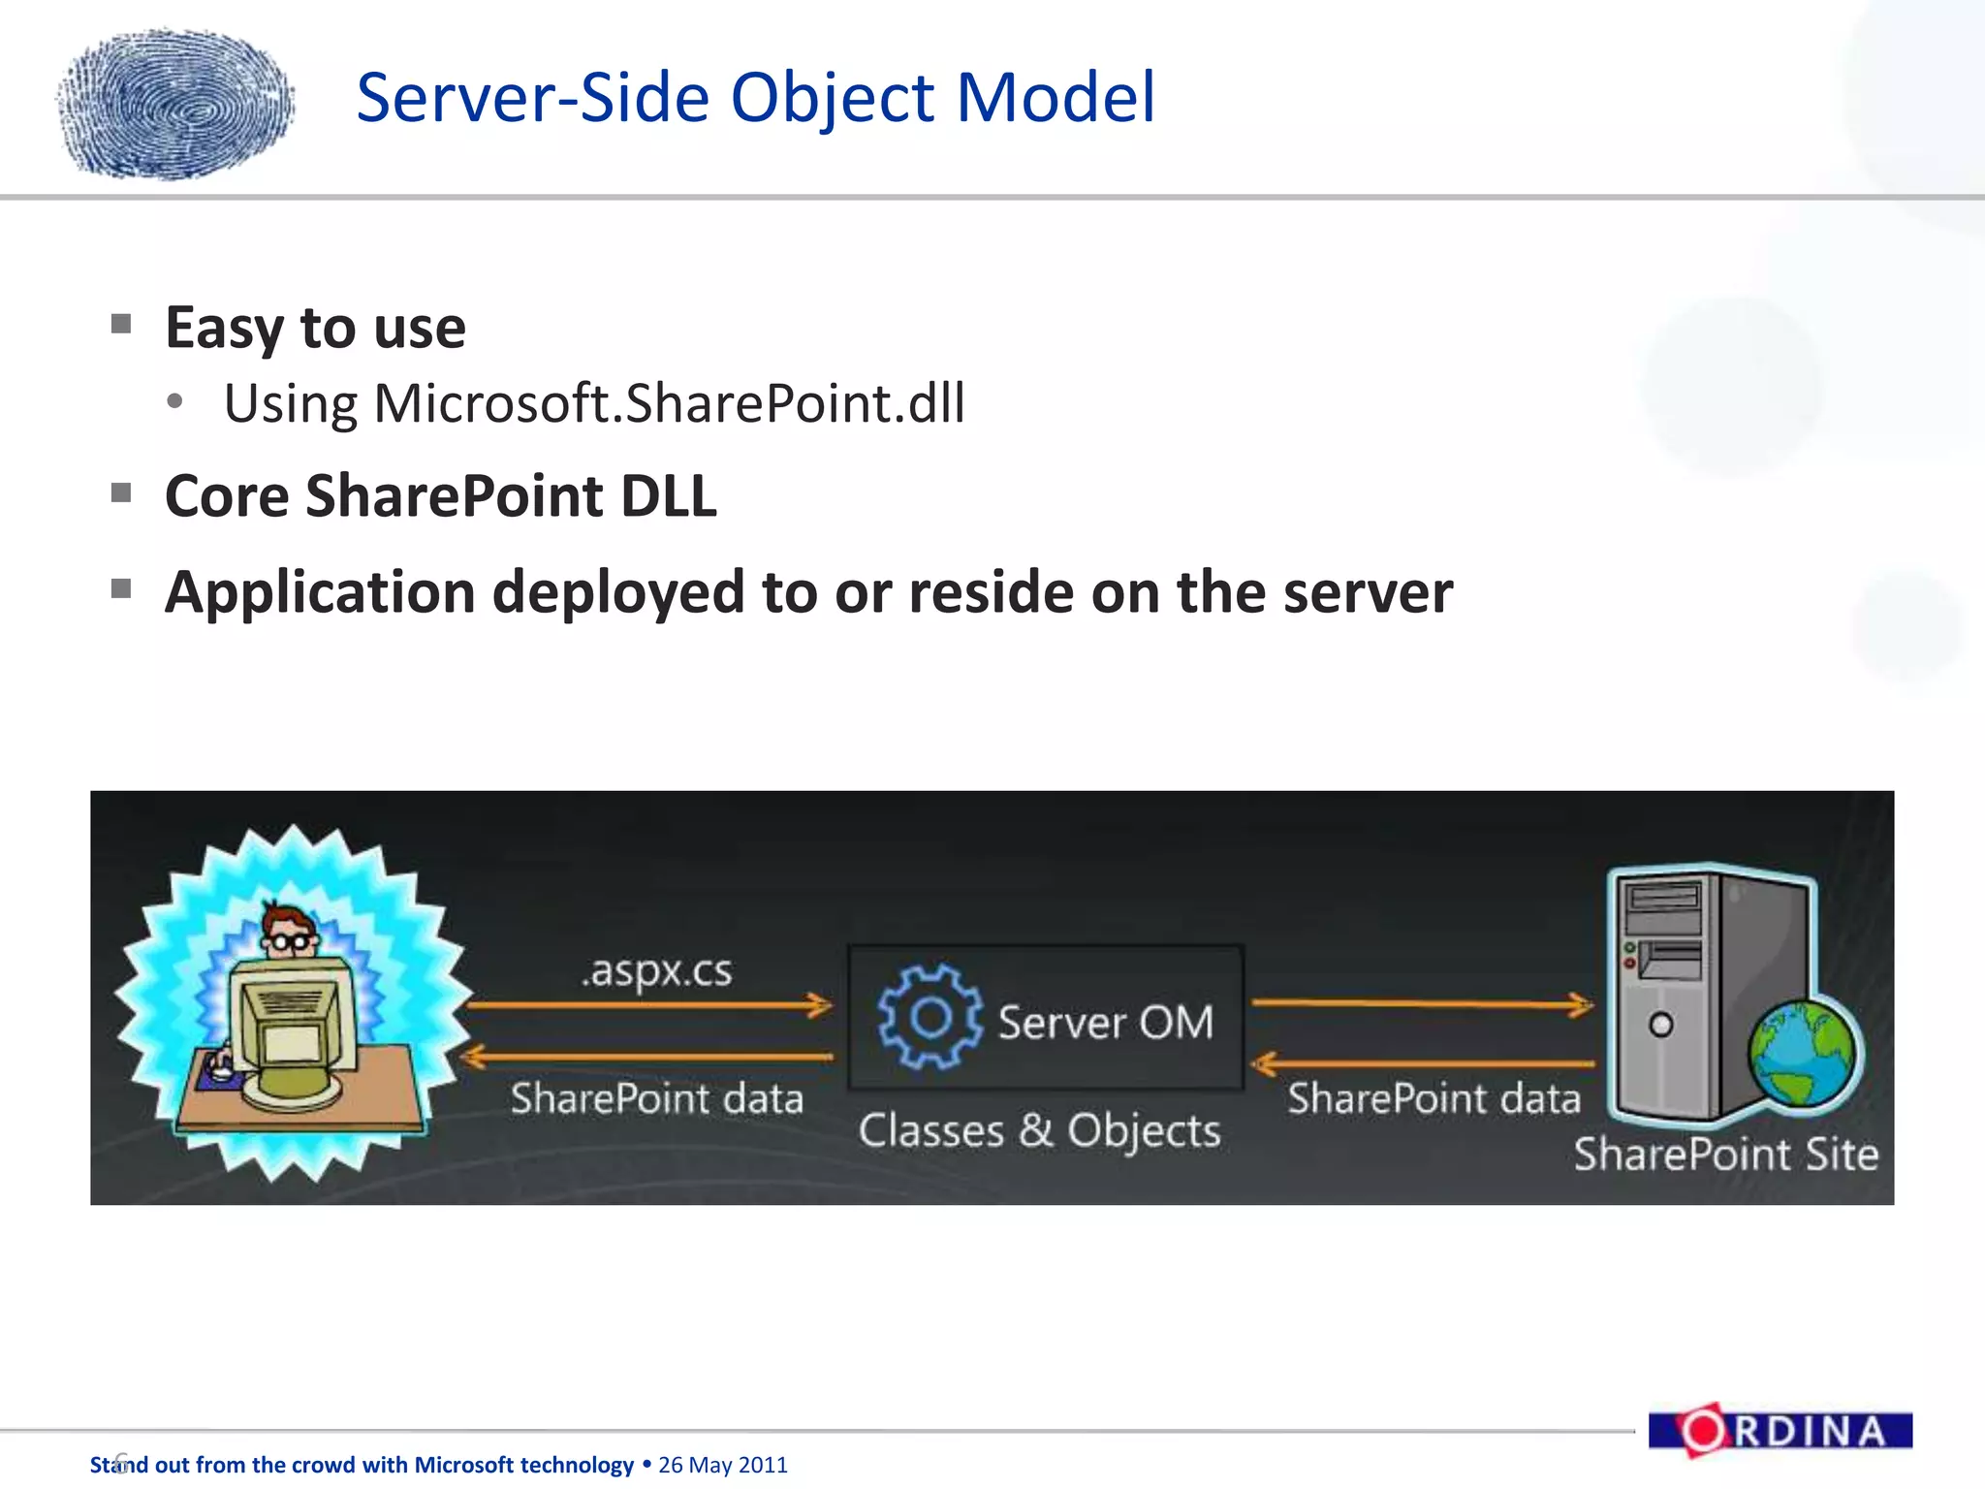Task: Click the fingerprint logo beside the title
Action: click(x=176, y=104)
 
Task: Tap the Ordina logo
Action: click(x=1780, y=1431)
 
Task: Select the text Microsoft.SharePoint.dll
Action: click(x=669, y=403)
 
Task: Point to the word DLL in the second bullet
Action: click(x=668, y=496)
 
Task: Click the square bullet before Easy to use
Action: click(x=121, y=324)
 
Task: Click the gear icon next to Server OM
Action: click(x=929, y=1017)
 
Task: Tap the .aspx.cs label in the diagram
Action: click(x=657, y=970)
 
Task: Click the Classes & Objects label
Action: click(x=1039, y=1131)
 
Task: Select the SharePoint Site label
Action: click(x=1725, y=1155)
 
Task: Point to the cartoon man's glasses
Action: click(x=291, y=940)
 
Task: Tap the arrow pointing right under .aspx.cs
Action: click(x=649, y=1005)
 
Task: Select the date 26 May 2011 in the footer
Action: click(x=723, y=1465)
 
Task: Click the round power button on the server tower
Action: click(x=1660, y=1025)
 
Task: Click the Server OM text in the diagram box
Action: click(x=1106, y=1023)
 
